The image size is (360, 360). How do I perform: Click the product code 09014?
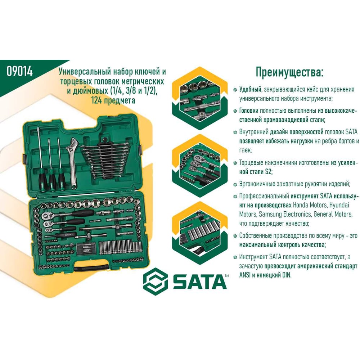point(20,71)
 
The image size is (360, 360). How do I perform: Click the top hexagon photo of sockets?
point(199,99)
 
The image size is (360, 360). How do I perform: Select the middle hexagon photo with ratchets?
point(199,166)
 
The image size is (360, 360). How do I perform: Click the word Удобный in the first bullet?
point(250,89)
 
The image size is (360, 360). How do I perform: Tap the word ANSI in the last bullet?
point(245,275)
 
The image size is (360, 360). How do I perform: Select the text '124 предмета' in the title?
point(113,100)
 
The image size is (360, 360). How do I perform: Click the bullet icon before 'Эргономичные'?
point(235,184)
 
